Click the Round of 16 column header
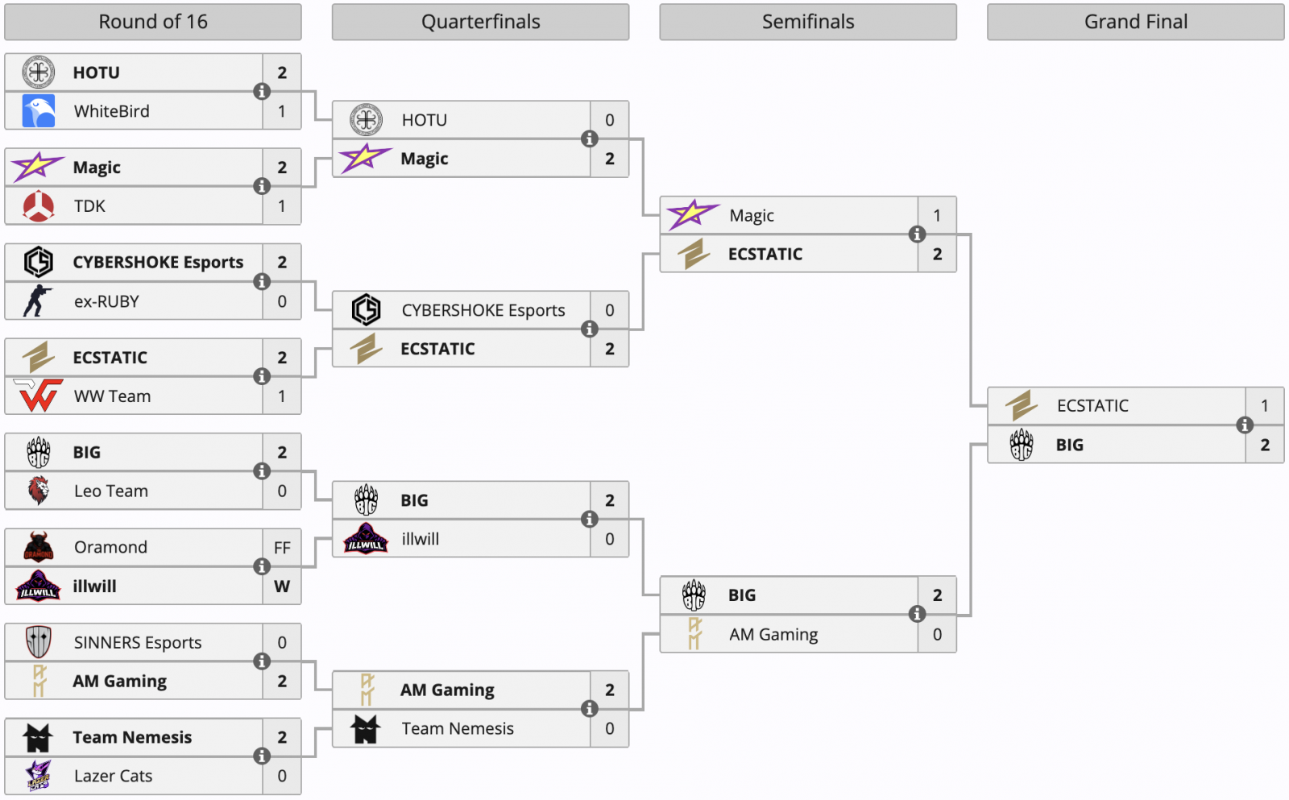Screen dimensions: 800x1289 coord(153,22)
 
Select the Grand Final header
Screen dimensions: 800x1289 coord(1135,22)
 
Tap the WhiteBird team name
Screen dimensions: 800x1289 coord(112,111)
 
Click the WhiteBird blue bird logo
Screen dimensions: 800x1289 coord(39,111)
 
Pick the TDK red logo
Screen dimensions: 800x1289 coord(39,206)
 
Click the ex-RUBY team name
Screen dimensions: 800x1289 coord(106,301)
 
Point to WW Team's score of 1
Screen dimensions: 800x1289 coord(282,396)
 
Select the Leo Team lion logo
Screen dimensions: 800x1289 coord(39,491)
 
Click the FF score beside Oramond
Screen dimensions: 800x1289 coord(282,548)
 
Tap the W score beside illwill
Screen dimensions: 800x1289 coord(282,587)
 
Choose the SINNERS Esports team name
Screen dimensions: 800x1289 coord(138,643)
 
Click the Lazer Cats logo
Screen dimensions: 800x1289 coord(39,776)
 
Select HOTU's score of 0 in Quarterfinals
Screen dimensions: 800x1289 coord(610,120)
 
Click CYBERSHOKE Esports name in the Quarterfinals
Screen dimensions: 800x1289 coord(483,310)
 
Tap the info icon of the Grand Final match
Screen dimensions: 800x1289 coord(1245,425)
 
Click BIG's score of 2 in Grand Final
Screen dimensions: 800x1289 coord(1265,445)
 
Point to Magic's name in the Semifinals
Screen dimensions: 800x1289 coord(752,216)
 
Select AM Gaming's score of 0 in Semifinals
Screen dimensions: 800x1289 coord(937,635)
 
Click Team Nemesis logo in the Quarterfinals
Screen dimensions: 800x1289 coord(366,729)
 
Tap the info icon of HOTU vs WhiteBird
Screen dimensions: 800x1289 coord(262,91)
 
